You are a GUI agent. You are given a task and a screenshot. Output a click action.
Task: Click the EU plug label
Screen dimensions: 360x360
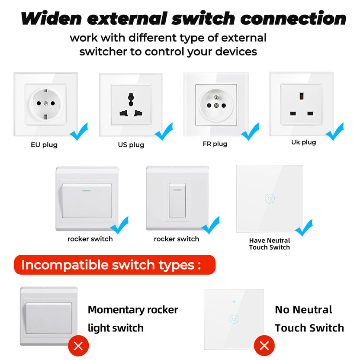pyautogui.click(x=44, y=145)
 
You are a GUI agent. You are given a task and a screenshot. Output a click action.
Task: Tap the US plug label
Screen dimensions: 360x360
pyautogui.click(x=131, y=145)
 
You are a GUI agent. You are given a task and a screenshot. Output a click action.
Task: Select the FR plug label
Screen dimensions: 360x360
pyautogui.click(x=215, y=144)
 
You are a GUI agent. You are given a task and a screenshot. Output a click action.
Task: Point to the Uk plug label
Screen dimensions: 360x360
pyautogui.click(x=303, y=142)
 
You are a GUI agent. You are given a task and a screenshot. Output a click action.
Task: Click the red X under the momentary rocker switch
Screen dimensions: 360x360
pyautogui.click(x=78, y=345)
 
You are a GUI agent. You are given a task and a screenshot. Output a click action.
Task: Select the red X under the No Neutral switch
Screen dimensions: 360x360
pyautogui.click(x=264, y=345)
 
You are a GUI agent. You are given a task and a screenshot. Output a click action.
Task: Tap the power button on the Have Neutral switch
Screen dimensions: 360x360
pyautogui.click(x=269, y=199)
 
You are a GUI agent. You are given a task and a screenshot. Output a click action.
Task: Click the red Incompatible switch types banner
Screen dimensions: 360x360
pyautogui.click(x=114, y=265)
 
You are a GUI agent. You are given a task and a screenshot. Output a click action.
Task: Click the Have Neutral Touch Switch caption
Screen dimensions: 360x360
pyautogui.click(x=269, y=244)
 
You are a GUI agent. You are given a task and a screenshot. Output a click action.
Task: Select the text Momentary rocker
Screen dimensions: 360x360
pyautogui.click(x=133, y=310)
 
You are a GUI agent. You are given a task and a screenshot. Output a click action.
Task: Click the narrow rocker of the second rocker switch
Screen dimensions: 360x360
pyautogui.click(x=177, y=200)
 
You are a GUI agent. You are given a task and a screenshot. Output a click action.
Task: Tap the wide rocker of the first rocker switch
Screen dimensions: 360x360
pyautogui.click(x=87, y=200)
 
